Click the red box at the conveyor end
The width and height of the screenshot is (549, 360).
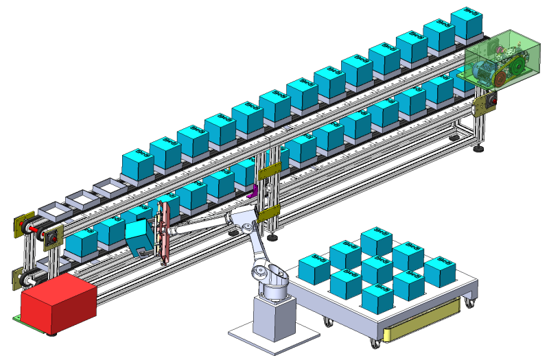point(58,304)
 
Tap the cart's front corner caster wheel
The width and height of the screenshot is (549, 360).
point(374,340)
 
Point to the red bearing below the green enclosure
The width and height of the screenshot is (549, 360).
point(491,101)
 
